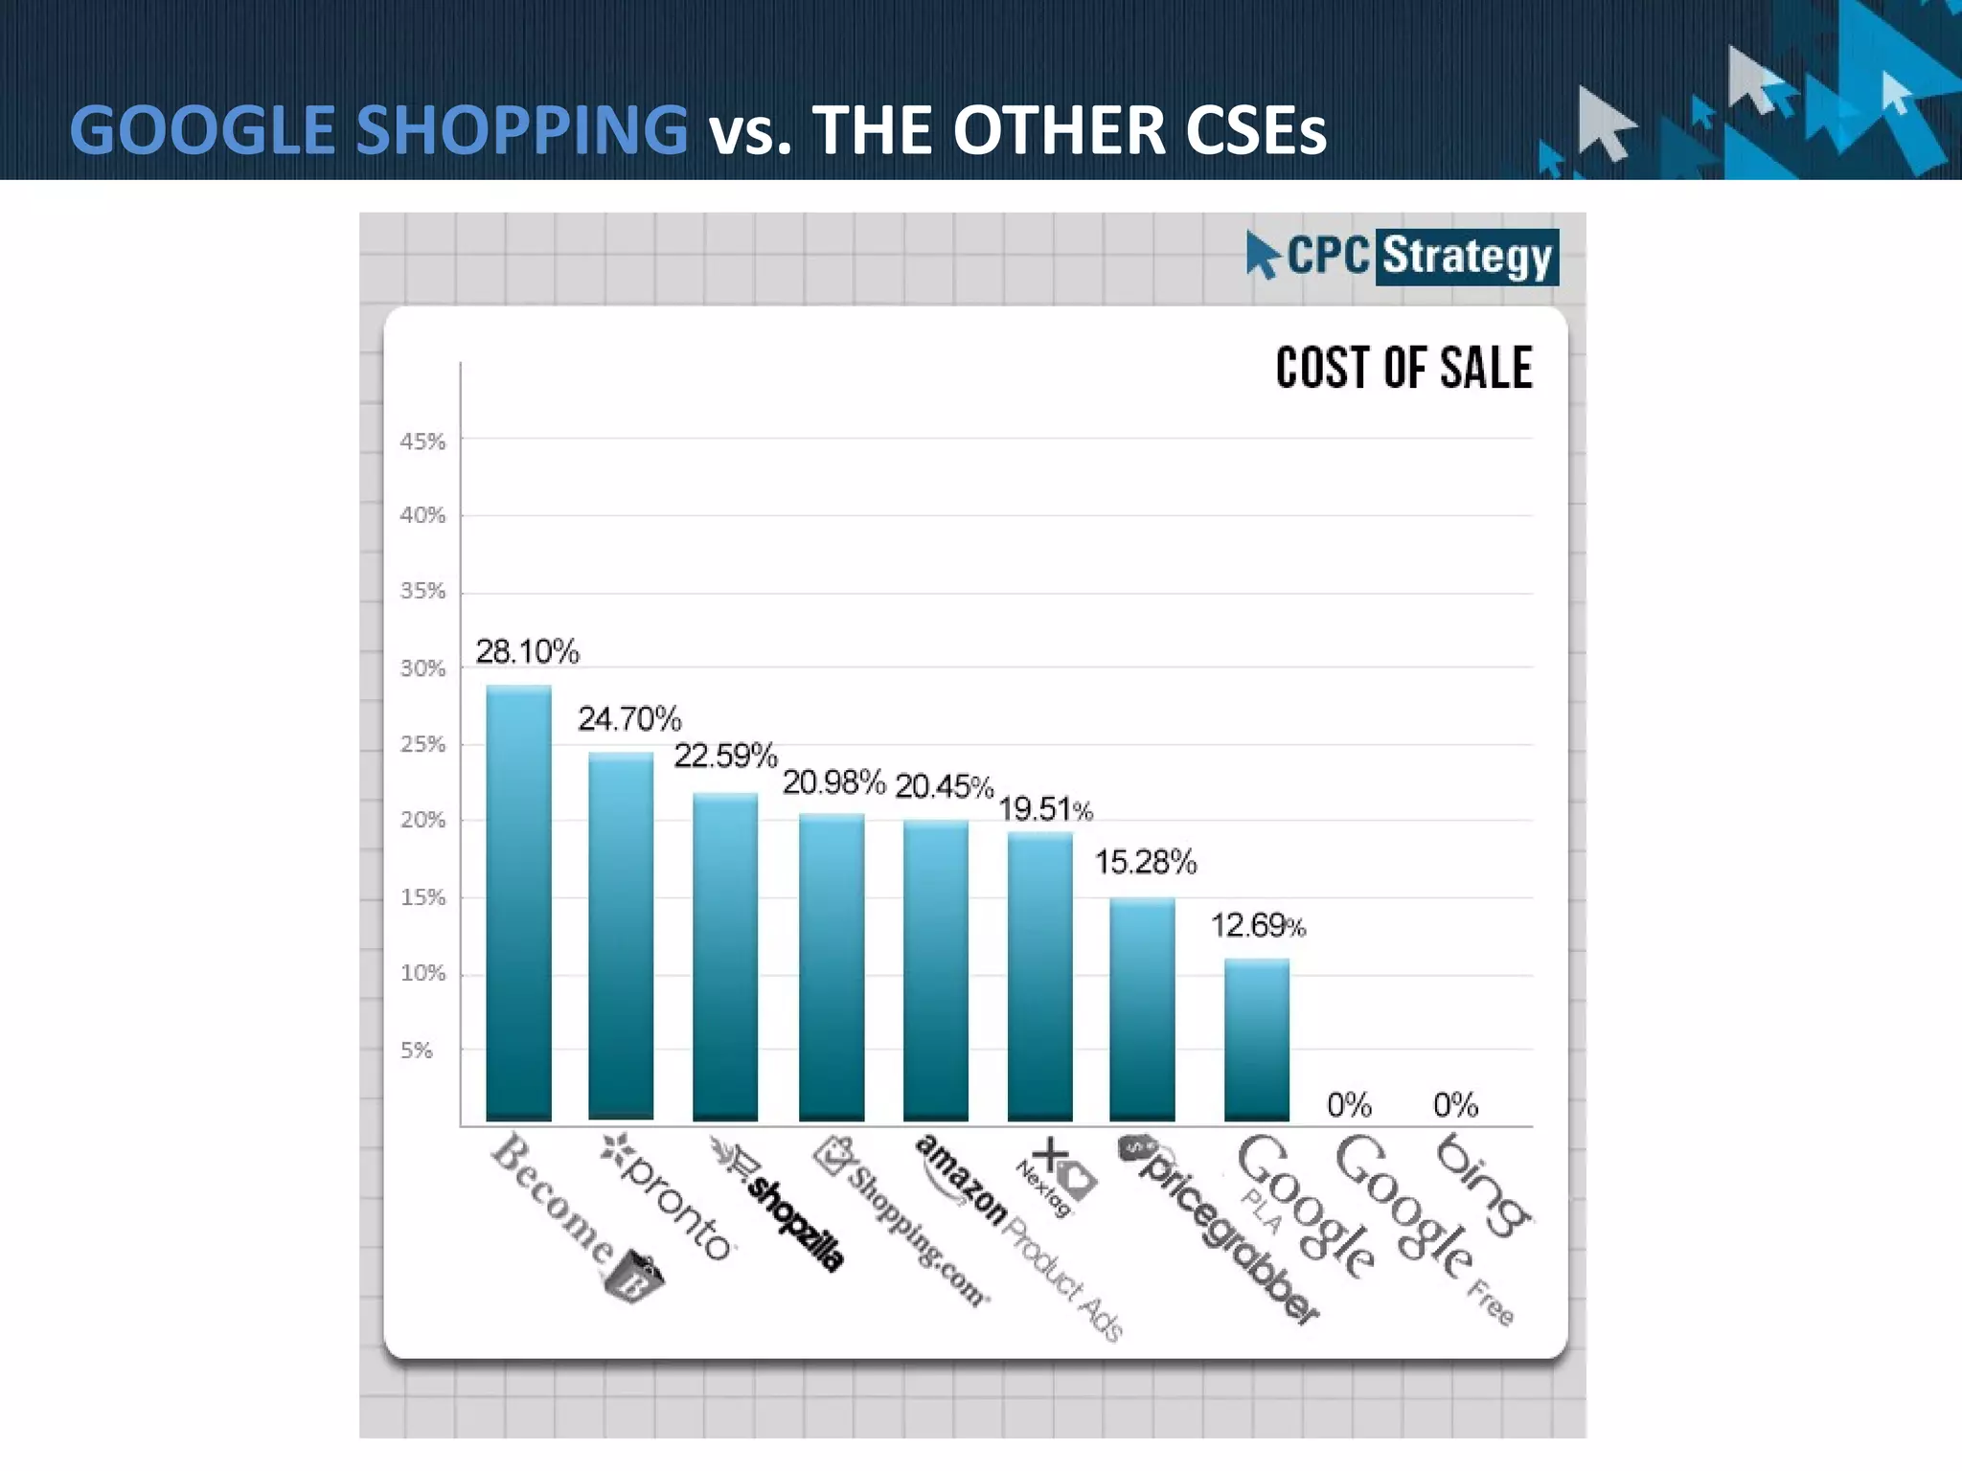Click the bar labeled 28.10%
[x=518, y=902]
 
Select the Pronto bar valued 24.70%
[x=621, y=936]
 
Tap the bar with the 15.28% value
[x=1142, y=1008]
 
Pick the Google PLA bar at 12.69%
[x=1256, y=1039]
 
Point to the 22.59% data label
[x=725, y=756]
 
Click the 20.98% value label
[x=833, y=782]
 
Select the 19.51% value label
[x=1045, y=809]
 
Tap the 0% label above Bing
[x=1455, y=1105]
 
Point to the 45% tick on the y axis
[x=422, y=441]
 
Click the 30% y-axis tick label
[x=422, y=668]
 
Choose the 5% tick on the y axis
[x=417, y=1051]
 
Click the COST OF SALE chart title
[x=1403, y=368]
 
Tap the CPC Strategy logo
[x=1403, y=256]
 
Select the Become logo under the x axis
[x=575, y=1216]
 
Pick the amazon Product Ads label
[x=1015, y=1235]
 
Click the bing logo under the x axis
[x=1482, y=1185]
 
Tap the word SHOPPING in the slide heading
[x=521, y=130]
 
